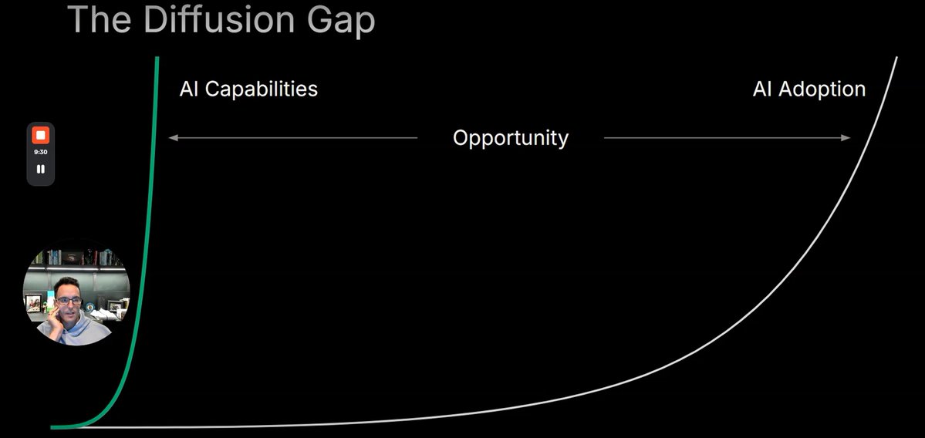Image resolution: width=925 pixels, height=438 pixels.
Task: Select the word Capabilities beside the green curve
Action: [x=262, y=89]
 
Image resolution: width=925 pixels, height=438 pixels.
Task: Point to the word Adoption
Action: [x=822, y=89]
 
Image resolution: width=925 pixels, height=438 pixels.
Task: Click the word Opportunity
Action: [x=510, y=138]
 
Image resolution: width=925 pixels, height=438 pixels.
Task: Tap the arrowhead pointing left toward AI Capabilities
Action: [x=173, y=138]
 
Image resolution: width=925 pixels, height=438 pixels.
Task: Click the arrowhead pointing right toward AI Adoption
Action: [x=846, y=138]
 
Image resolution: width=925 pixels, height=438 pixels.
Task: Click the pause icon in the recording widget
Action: [x=41, y=169]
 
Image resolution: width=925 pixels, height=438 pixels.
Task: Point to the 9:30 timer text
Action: [x=41, y=152]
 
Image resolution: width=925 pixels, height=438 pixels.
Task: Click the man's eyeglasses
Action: [x=69, y=301]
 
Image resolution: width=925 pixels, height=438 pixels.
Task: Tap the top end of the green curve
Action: [x=157, y=58]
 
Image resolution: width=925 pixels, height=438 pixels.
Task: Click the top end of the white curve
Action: [x=896, y=58]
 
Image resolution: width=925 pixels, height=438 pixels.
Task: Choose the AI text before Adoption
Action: [x=762, y=89]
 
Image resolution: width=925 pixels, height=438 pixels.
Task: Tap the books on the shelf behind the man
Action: [x=56, y=257]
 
